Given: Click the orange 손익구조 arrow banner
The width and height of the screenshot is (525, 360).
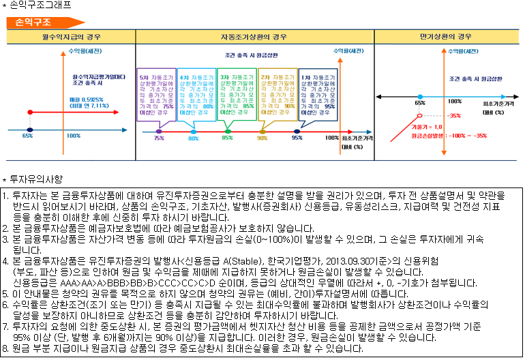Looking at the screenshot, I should (31, 22).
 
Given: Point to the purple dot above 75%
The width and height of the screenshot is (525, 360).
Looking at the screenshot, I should (159, 131).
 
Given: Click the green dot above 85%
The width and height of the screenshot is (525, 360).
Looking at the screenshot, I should (228, 131).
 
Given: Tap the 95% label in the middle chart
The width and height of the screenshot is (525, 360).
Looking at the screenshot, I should (297, 138).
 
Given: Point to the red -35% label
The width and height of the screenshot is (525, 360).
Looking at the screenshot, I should (455, 116).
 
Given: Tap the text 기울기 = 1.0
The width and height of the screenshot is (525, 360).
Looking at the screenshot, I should (427, 127).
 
